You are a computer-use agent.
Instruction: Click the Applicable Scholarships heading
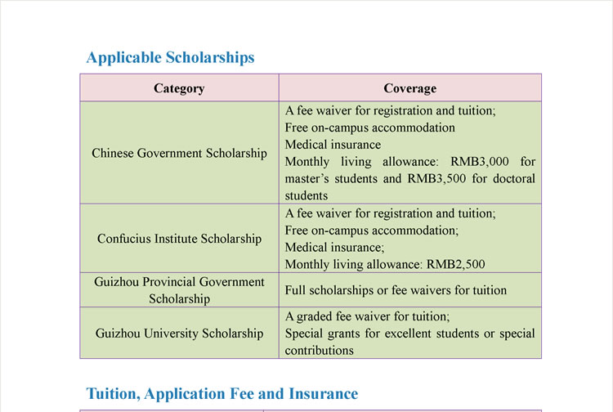click(x=170, y=57)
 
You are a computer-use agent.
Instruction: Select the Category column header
click(x=179, y=88)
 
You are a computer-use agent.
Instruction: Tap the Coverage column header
click(x=409, y=88)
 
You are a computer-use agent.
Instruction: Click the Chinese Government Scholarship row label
click(x=179, y=153)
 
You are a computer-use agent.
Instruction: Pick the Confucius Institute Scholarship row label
click(x=179, y=239)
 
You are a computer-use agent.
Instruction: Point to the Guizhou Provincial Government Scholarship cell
click(x=179, y=290)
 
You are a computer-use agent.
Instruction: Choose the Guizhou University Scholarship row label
click(x=179, y=333)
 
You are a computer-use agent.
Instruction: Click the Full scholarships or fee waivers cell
click(x=396, y=290)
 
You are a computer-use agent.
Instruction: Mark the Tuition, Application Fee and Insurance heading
click(x=222, y=394)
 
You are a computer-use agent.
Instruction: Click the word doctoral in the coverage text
click(x=511, y=179)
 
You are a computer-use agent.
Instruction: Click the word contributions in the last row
click(x=320, y=350)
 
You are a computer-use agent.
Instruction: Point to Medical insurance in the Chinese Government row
click(x=321, y=145)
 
